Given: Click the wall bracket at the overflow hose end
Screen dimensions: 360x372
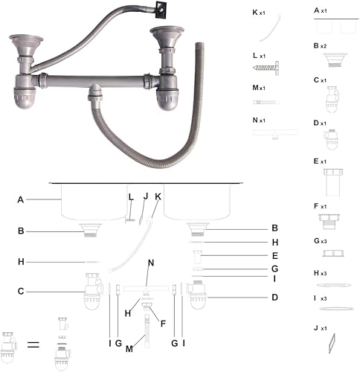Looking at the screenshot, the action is coord(161,10).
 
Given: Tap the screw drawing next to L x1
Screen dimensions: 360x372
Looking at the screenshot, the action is coord(266,68).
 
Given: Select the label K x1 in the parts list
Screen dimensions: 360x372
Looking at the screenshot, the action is coord(259,13).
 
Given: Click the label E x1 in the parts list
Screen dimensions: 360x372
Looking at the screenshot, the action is coord(320,161).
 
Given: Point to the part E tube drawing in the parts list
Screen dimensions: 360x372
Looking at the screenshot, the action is coord(332,182).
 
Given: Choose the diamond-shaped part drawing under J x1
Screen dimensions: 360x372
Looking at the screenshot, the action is coord(332,343).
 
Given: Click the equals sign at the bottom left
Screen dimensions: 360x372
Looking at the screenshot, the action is coord(33,344).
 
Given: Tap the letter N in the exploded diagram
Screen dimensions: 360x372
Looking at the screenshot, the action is coord(151,263).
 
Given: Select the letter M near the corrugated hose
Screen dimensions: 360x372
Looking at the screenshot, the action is coord(129,349).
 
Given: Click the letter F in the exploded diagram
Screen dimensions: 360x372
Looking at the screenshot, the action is coord(163,324).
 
